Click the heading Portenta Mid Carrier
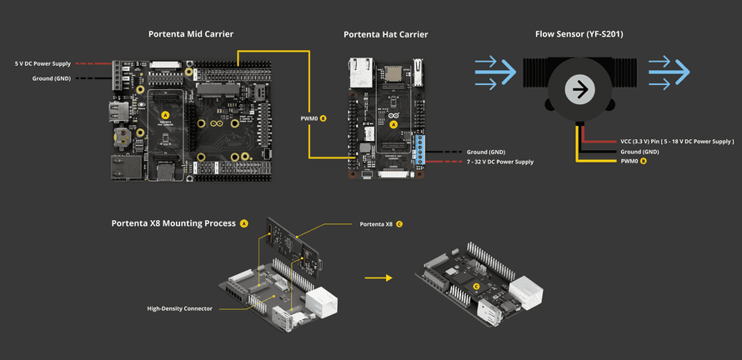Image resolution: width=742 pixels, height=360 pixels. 190,34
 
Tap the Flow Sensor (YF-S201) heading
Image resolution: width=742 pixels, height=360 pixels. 579,34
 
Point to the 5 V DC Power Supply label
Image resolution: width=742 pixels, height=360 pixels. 43,63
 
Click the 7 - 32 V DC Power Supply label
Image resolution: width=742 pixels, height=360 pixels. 499,162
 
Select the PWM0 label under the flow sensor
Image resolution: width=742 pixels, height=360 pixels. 629,161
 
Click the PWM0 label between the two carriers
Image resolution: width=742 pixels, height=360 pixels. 310,118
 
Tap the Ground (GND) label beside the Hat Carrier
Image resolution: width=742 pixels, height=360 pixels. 486,152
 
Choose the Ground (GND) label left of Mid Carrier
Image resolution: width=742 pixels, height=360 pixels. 52,77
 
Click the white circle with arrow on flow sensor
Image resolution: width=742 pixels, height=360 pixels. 579,89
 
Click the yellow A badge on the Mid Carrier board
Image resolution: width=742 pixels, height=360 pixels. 165,115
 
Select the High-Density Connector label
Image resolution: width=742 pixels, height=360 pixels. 179,308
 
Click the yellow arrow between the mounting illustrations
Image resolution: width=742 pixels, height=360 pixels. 378,278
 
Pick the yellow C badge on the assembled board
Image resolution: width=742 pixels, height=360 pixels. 476,286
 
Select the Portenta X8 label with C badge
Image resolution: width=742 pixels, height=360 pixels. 377,224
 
